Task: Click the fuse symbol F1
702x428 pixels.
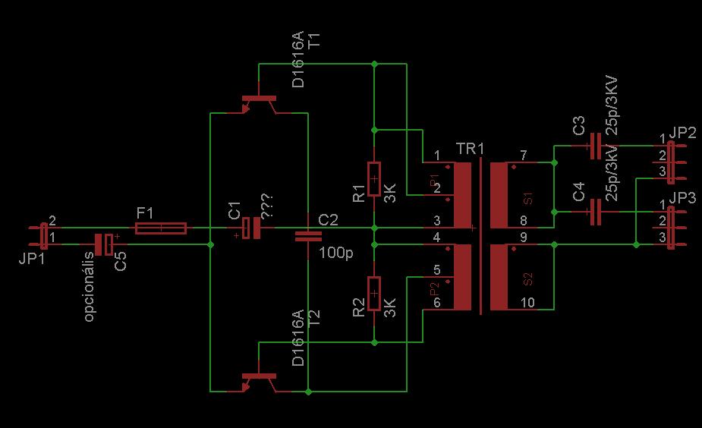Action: tap(161, 228)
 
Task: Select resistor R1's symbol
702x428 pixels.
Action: tap(373, 179)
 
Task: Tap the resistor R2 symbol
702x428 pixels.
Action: tap(373, 294)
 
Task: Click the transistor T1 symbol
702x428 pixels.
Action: tap(257, 102)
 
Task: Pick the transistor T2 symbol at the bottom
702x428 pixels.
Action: tap(257, 380)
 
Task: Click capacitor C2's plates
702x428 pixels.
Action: tap(307, 235)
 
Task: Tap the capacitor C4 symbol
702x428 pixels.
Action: tap(595, 212)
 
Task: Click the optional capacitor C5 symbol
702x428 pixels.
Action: tap(104, 244)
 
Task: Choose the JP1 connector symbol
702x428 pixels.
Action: tap(42, 235)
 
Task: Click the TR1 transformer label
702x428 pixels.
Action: tap(470, 147)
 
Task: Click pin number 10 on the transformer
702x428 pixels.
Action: tap(527, 302)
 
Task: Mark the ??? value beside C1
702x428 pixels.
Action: tap(266, 205)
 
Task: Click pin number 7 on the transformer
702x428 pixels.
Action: tap(523, 156)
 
